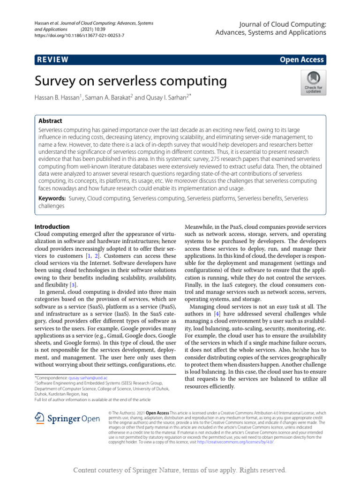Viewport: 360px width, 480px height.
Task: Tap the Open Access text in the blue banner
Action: pos(301,60)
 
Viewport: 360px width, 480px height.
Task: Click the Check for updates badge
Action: pos(313,83)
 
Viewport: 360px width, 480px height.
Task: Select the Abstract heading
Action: pos(50,120)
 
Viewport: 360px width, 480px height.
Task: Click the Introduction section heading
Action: pos(52,226)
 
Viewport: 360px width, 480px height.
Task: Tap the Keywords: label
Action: pos(52,198)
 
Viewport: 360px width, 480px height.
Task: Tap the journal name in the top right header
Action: pos(270,28)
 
